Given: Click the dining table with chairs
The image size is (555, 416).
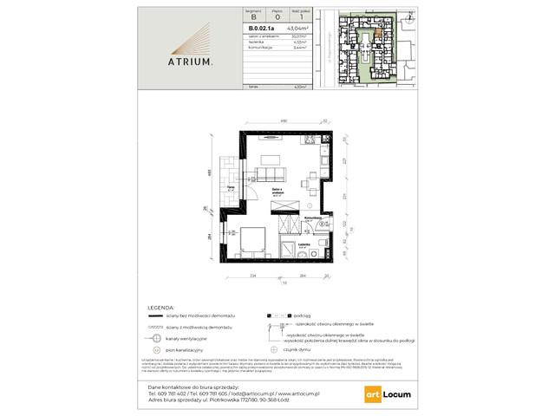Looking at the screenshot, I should pos(310,183).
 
